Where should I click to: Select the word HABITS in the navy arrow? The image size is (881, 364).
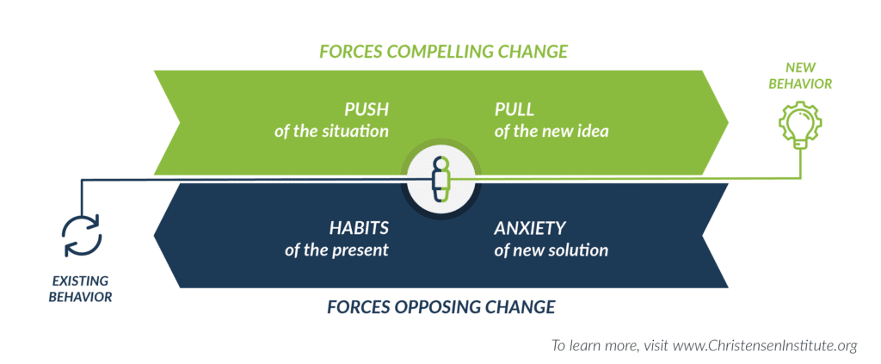[x=359, y=228]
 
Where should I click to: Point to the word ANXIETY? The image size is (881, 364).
[x=530, y=228]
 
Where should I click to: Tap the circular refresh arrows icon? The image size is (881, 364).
[x=82, y=236]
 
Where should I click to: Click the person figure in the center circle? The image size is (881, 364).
[x=441, y=180]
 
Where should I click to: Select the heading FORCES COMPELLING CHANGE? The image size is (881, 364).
[x=443, y=51]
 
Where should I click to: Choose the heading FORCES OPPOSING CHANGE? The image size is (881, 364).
[x=441, y=307]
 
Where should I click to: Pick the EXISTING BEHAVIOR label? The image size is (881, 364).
[x=80, y=289]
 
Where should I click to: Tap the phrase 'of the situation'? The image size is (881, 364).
[x=331, y=132]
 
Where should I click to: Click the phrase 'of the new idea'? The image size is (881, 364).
[x=551, y=132]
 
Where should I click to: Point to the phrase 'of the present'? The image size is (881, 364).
[x=336, y=250]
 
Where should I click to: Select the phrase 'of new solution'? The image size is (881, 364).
[x=551, y=250]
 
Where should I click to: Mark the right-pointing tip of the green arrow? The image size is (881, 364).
[x=728, y=122]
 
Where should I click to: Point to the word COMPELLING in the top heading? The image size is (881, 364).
[x=439, y=51]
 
